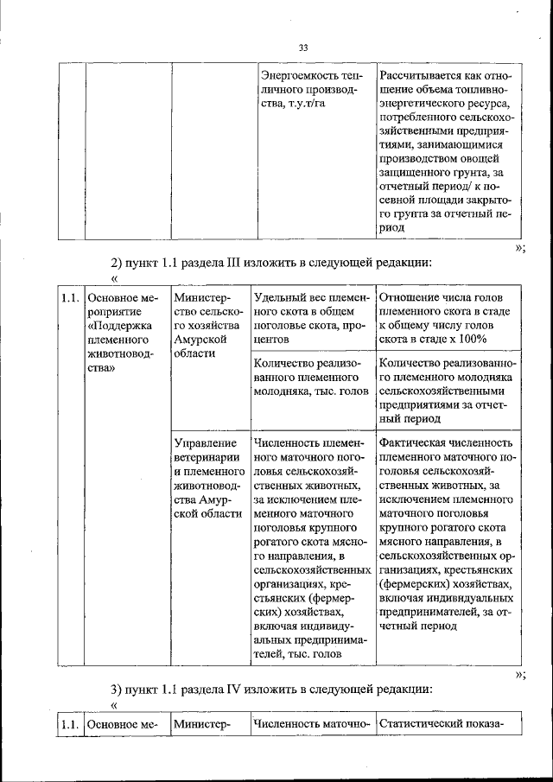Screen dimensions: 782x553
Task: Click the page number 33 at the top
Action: [303, 48]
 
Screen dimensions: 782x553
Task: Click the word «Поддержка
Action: [118, 327]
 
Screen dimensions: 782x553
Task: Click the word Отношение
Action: [411, 297]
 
